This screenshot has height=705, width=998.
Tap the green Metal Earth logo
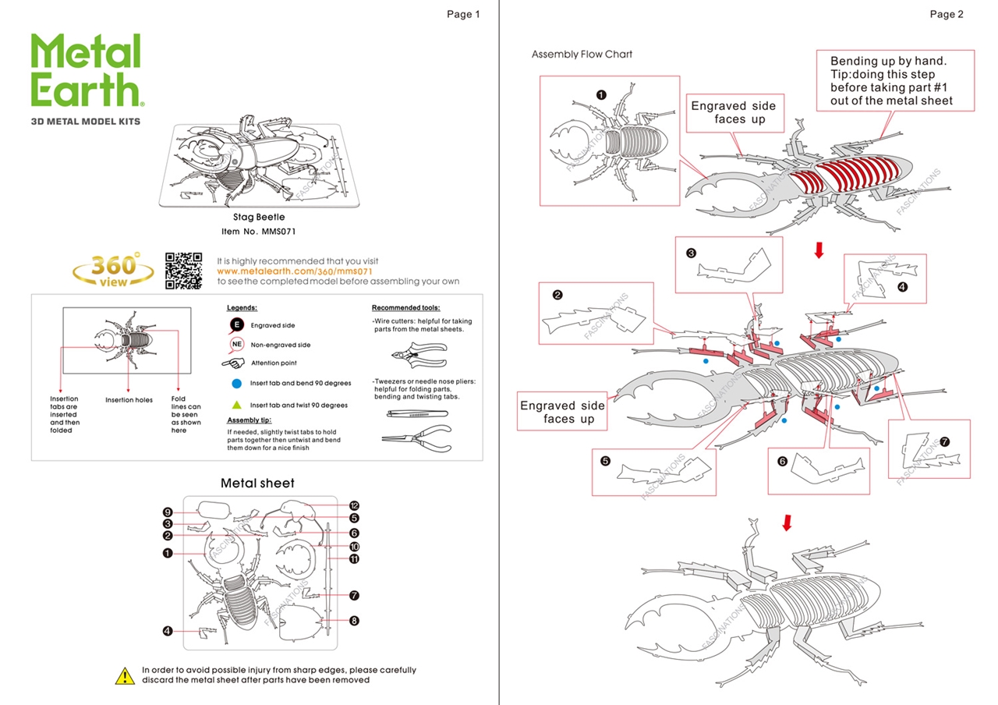[x=86, y=71]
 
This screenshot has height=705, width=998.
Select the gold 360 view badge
[x=114, y=270]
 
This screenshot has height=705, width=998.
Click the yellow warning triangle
[x=125, y=675]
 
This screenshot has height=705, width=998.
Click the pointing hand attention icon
[x=234, y=363]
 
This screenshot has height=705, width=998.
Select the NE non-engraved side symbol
[x=237, y=345]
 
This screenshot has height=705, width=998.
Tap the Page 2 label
[x=947, y=14]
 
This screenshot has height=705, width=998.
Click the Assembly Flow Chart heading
[x=582, y=55]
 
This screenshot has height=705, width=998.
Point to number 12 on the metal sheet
[x=354, y=505]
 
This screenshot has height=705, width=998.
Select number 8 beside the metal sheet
[x=354, y=621]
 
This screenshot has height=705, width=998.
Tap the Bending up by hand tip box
[x=895, y=80]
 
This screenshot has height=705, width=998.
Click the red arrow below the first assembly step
[x=819, y=250]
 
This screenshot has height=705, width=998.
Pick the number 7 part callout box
[x=929, y=449]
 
